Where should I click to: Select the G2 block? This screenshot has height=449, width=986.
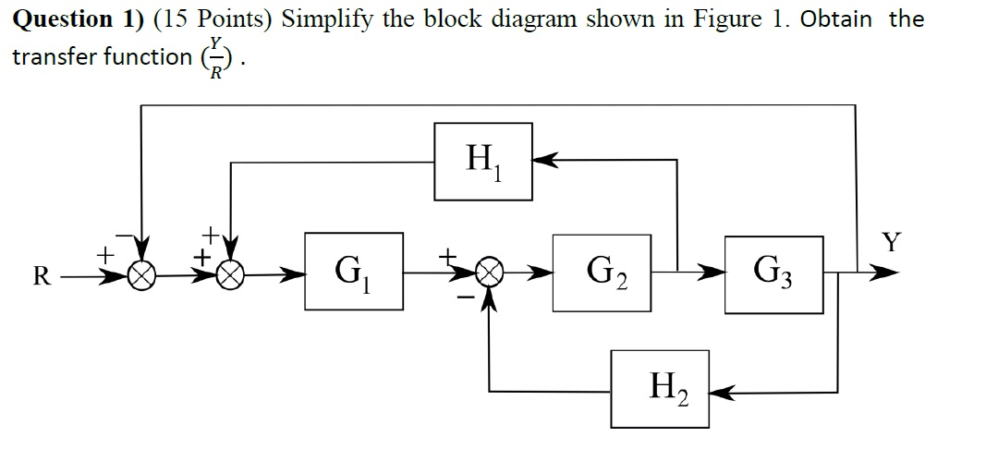pos(602,273)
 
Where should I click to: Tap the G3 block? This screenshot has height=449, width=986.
pos(773,273)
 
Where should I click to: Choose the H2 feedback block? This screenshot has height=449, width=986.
pos(659,388)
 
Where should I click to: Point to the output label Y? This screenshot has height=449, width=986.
pos(891,243)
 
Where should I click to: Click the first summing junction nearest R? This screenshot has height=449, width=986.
pos(143,273)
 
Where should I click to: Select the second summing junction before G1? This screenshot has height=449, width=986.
pos(230,273)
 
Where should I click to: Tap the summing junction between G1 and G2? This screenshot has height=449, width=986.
pos(489,273)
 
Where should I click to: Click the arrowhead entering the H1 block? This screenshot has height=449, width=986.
pos(544,162)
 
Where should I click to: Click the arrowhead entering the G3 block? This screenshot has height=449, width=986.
pos(714,273)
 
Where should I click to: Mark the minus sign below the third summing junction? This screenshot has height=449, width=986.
pos(467,297)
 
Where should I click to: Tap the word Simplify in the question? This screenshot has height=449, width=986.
pos(327,18)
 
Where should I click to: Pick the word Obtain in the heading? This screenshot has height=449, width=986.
pos(837,18)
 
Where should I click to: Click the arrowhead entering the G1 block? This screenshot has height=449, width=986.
pos(297,273)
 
